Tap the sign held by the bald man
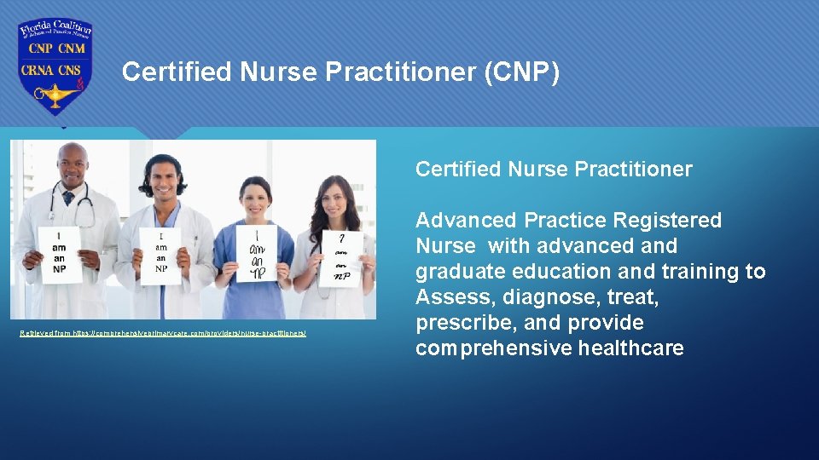(61, 254)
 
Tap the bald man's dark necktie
(67, 197)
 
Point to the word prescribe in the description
(457, 323)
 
